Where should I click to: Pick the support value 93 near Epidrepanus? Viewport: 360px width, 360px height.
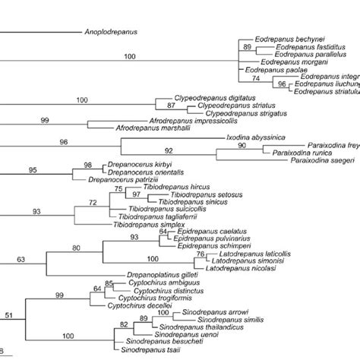pos(134,238)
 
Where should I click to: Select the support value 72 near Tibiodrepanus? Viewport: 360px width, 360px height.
pos(93,202)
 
